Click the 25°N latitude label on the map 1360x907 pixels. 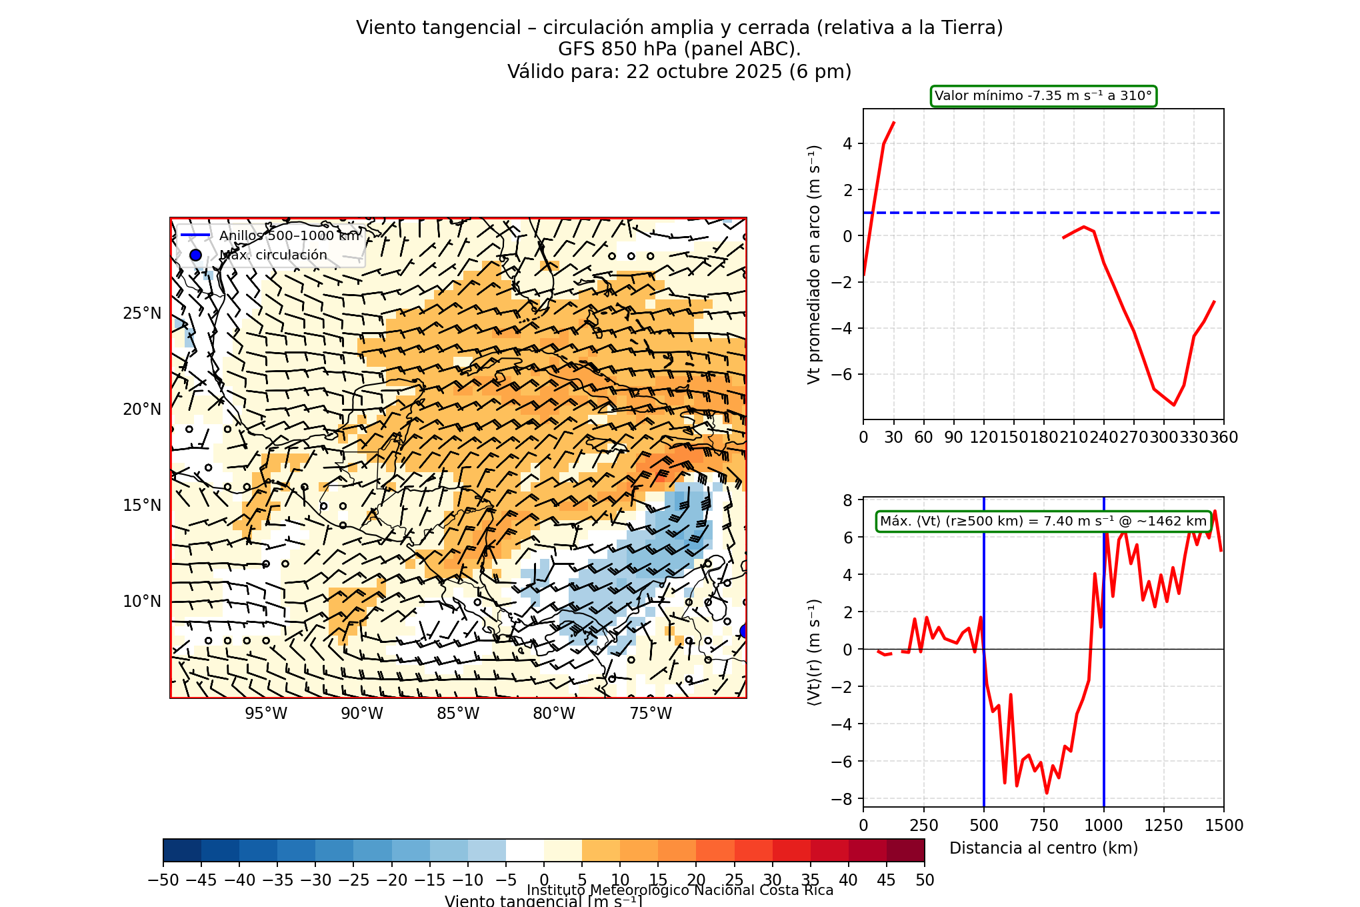pos(142,313)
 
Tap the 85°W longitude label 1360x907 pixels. pos(458,714)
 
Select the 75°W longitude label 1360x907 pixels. pos(651,714)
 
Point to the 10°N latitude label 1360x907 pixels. pos(142,602)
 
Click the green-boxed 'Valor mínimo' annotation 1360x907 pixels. pos(1043,96)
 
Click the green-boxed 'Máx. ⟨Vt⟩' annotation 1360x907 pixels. pos(1043,522)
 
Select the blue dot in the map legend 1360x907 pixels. pos(195,255)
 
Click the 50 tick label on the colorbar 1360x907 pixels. pos(925,880)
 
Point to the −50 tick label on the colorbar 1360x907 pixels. pos(163,880)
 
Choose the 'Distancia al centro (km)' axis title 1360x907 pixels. pos(1043,848)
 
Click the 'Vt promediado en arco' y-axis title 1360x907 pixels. pos(814,264)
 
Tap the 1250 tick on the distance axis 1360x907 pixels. pos(1164,826)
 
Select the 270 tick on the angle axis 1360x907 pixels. pos(1133,437)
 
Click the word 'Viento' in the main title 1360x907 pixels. pos(381,28)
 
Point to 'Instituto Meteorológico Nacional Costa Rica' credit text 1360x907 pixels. pos(680,890)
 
